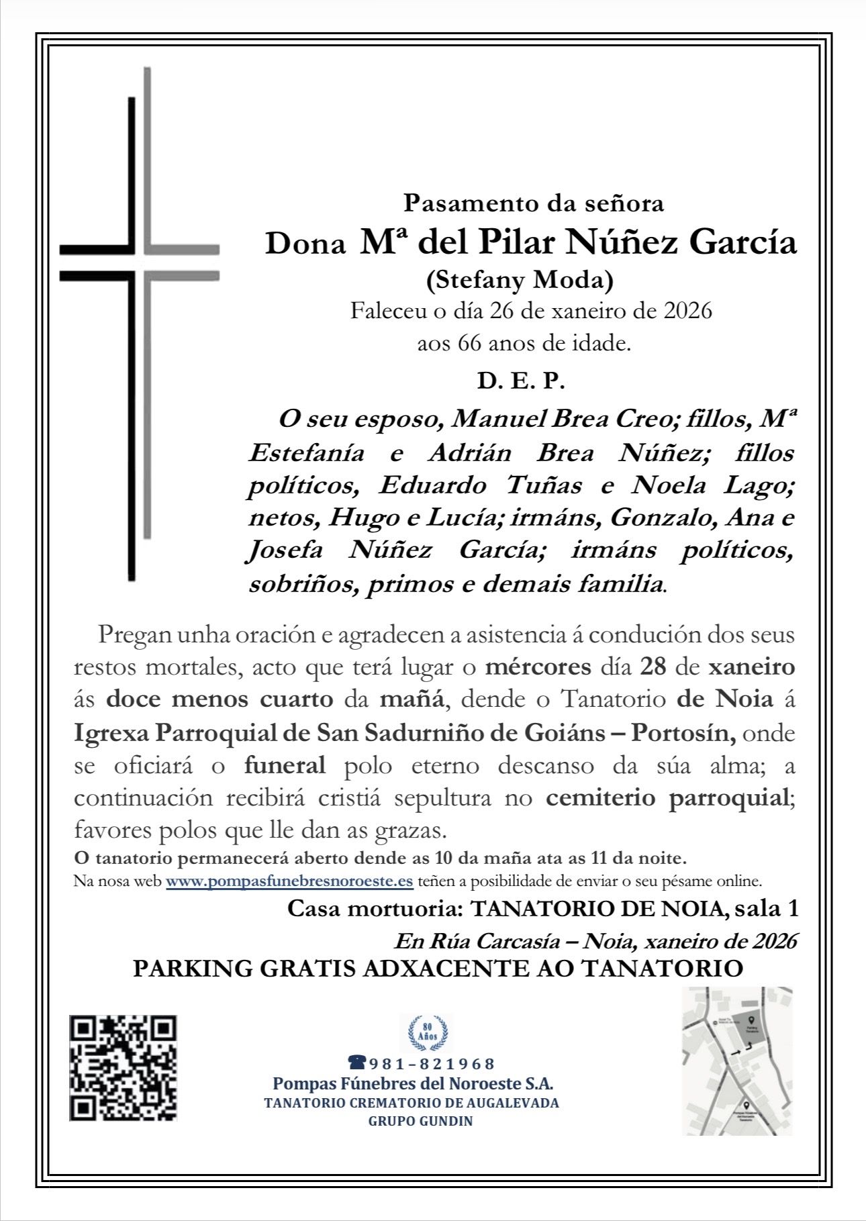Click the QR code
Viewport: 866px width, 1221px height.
(123, 1068)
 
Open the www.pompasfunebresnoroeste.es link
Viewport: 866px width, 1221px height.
(289, 881)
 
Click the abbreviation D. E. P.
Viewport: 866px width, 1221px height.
(521, 381)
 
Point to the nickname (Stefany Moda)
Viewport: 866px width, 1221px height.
(520, 280)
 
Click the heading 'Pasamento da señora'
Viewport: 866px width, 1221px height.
(533, 202)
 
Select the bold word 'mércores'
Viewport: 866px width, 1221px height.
(538, 667)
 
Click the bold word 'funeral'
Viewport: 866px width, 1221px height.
(285, 765)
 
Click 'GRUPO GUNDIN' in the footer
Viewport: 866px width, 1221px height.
(420, 1121)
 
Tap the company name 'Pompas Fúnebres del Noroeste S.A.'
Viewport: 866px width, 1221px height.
(413, 1083)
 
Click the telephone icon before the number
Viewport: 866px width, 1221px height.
(356, 1063)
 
